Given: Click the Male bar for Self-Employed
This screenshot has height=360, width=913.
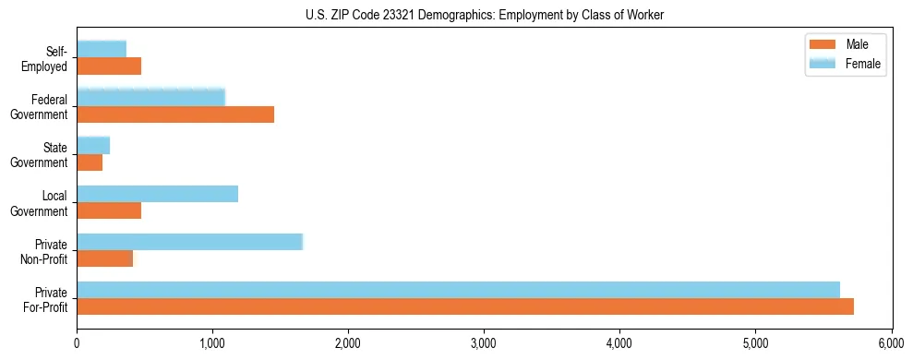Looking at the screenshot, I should [x=109, y=66].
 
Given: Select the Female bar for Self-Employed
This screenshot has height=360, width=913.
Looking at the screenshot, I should [x=102, y=49].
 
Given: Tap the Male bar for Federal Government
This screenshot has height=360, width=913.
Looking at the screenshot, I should [x=175, y=114].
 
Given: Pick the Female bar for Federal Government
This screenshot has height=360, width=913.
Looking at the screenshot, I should [x=150, y=97].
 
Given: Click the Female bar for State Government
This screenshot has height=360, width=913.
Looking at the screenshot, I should [x=93, y=145].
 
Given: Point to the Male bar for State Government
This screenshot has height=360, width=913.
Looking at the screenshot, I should [x=90, y=162].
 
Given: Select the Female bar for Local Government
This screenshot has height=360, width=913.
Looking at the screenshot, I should [x=157, y=193].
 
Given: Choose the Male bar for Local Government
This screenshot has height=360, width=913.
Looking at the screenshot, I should [x=109, y=210].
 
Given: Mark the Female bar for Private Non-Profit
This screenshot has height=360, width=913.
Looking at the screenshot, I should [x=189, y=242].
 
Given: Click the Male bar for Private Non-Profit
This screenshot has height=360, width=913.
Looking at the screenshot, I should [x=104, y=258].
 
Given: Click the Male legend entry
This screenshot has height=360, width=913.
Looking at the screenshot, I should [x=845, y=44].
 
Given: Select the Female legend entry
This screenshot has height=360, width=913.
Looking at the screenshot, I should [x=845, y=64].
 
